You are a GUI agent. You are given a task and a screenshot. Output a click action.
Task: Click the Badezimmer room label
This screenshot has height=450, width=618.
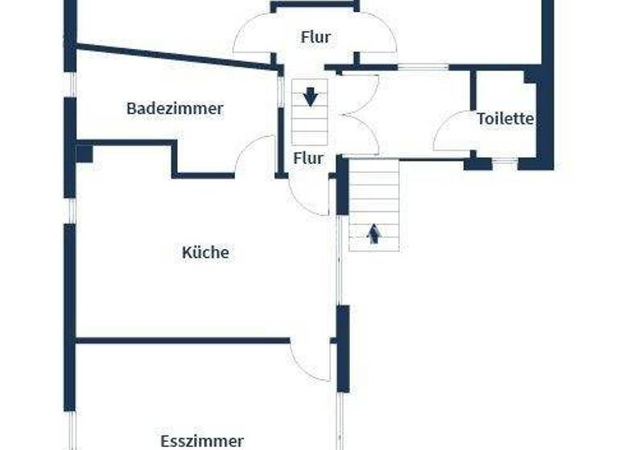(x=175, y=108)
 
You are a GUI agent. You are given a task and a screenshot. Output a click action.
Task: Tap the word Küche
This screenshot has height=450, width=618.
(x=205, y=252)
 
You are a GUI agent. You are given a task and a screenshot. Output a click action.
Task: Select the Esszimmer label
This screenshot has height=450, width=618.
(x=201, y=441)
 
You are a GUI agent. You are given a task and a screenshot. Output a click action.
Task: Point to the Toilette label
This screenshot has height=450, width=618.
(x=505, y=119)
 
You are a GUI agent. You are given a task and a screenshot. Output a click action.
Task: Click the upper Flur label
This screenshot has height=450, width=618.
(x=315, y=36)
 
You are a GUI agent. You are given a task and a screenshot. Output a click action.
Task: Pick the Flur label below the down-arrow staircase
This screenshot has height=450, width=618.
(x=308, y=158)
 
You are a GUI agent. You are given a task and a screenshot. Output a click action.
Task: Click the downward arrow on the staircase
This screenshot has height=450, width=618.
(x=311, y=97)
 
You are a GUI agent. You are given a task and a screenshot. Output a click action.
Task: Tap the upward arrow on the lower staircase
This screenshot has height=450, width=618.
(x=373, y=234)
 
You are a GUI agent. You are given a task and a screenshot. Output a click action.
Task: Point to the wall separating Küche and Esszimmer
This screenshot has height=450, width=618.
(x=182, y=341)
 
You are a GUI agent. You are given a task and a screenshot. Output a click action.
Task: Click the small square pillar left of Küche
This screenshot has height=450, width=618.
(x=84, y=153)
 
